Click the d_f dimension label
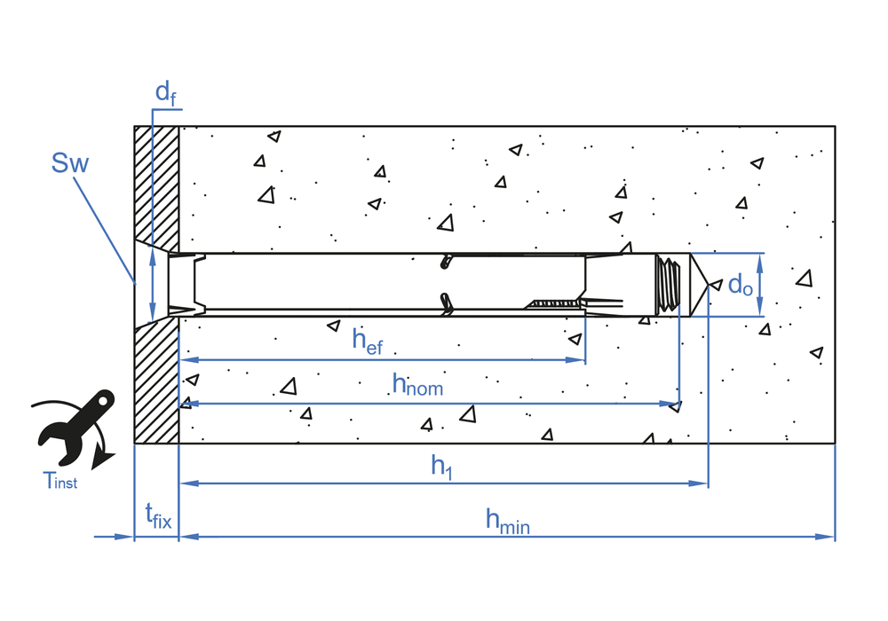click(x=163, y=92)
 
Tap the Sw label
click(x=70, y=162)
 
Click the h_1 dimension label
click(x=442, y=466)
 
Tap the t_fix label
click(x=157, y=515)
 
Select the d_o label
click(x=741, y=284)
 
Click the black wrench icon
click(x=71, y=426)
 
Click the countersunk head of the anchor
click(x=182, y=284)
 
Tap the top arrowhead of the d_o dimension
click(x=760, y=258)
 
